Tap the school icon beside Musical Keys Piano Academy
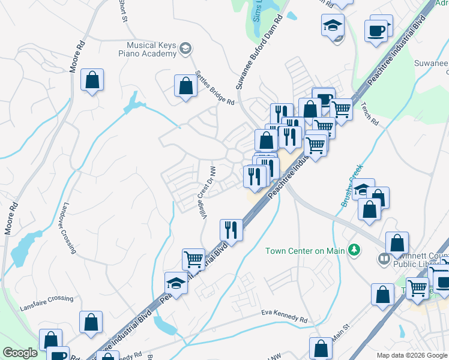pos(186,48)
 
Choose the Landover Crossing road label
pos(68,227)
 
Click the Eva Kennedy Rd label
pos(285,313)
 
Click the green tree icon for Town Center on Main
pos(355,250)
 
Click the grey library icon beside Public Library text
pos(383,259)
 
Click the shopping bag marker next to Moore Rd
pos(92,80)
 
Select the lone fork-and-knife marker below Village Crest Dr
pos(231,229)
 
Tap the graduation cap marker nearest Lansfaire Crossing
pos(176,283)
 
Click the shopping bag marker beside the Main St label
pos(321,349)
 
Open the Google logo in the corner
pos(20,353)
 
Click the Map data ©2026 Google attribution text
pos(411,355)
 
